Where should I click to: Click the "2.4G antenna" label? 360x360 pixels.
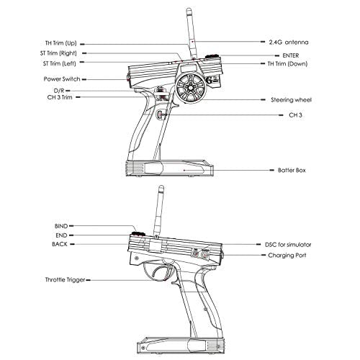click(289, 42)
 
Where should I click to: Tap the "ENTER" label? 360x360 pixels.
click(291, 55)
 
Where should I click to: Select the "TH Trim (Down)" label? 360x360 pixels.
click(287, 64)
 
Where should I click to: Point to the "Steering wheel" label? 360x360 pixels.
click(291, 100)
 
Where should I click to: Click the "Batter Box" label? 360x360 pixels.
click(292, 170)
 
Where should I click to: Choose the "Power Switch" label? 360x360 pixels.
click(62, 79)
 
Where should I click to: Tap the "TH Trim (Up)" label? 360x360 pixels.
click(61, 43)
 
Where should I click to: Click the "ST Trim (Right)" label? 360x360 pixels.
click(58, 53)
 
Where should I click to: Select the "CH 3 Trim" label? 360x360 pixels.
click(60, 97)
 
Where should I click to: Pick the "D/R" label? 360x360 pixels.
click(59, 91)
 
